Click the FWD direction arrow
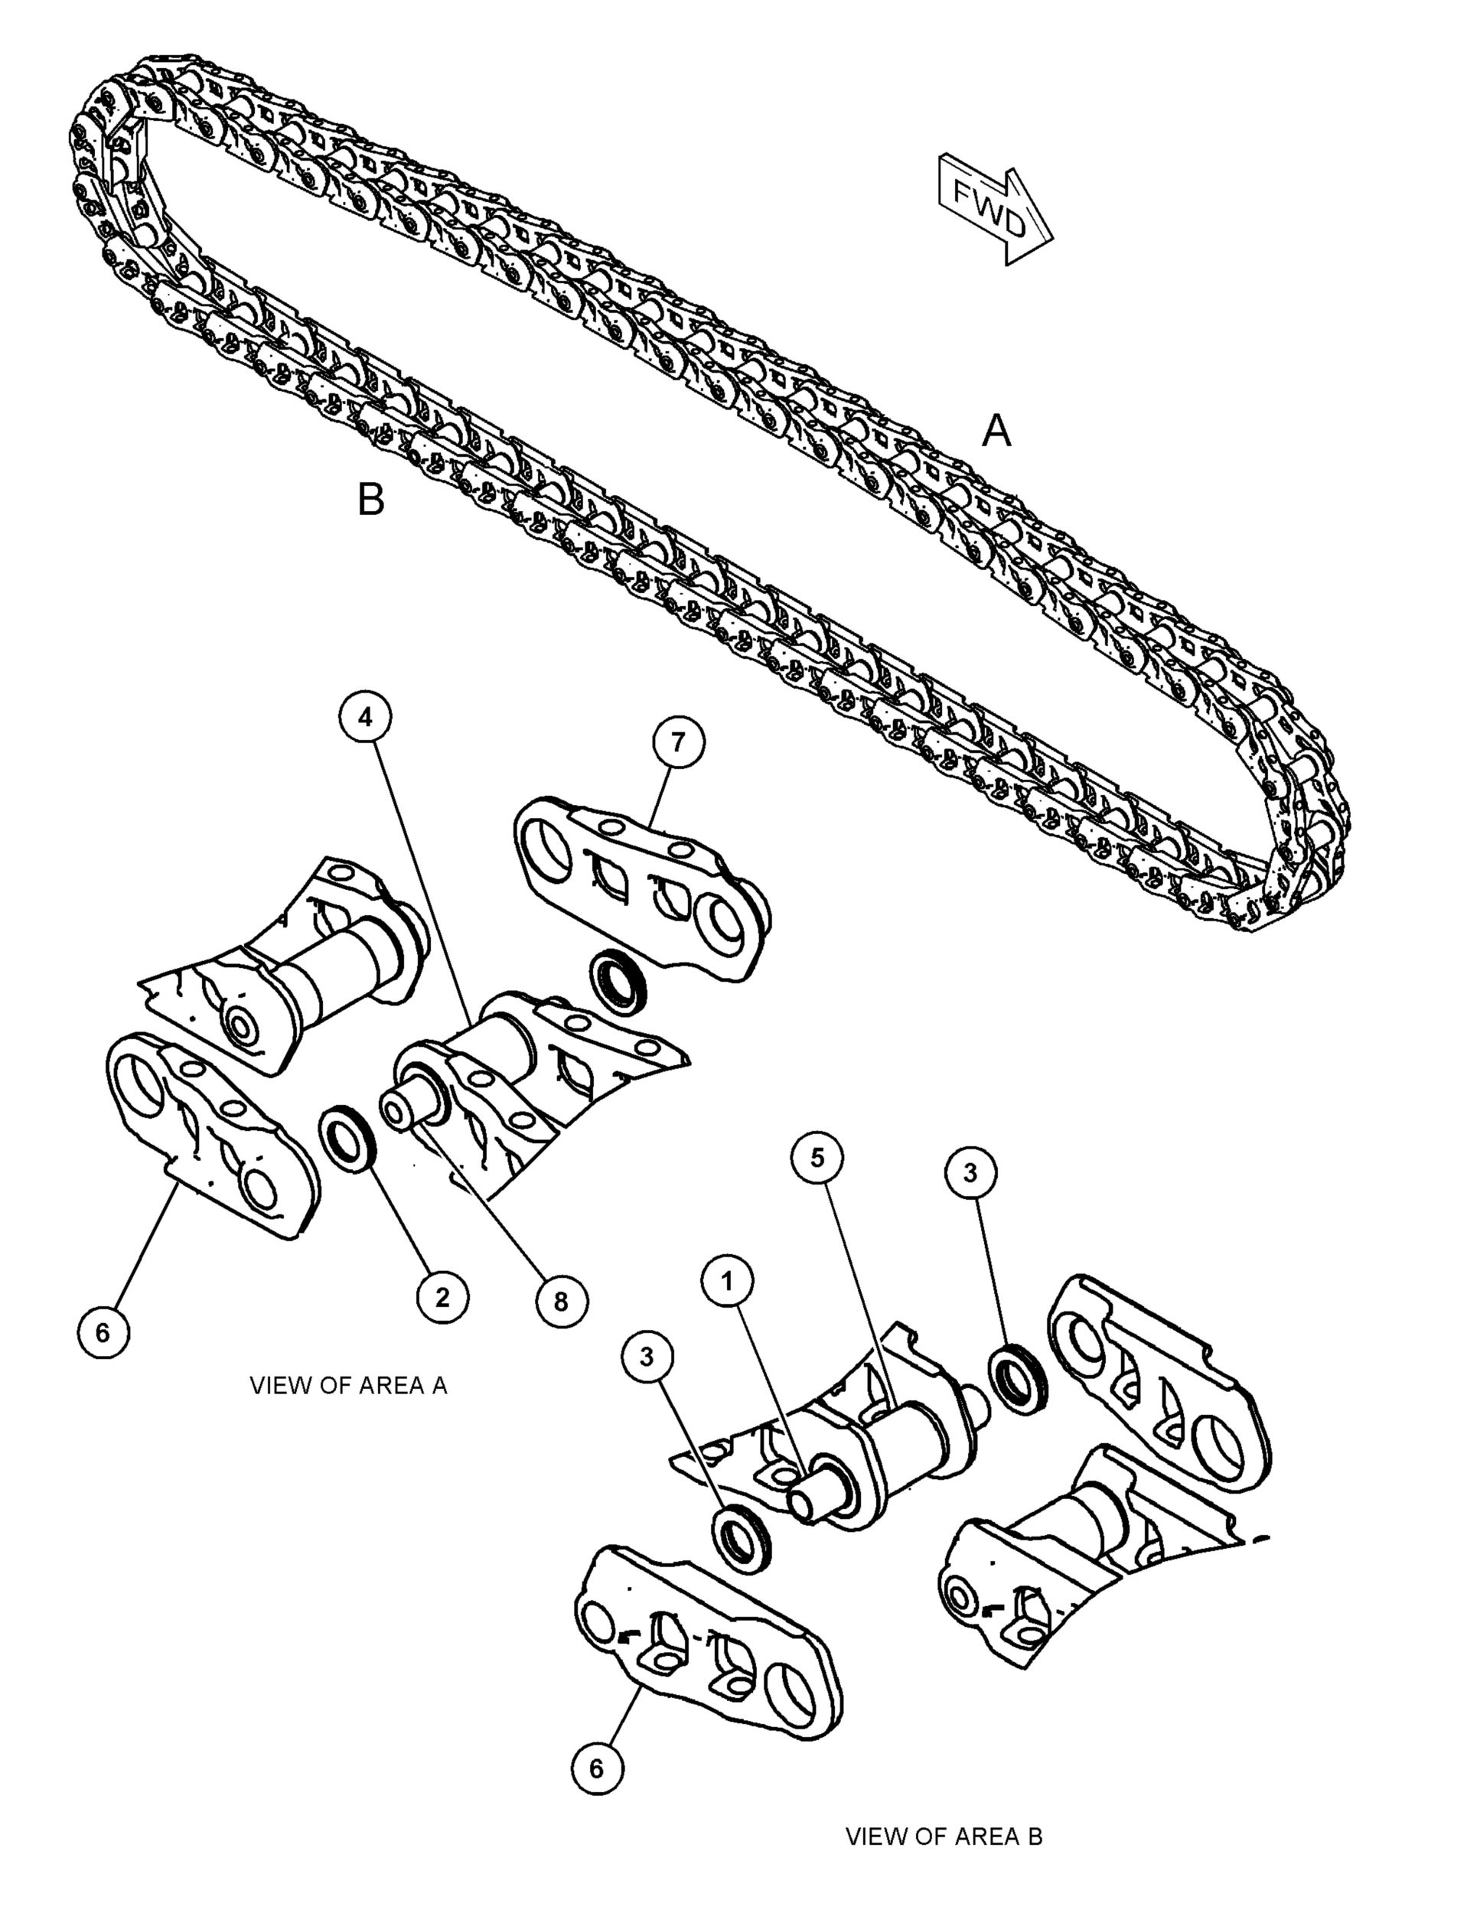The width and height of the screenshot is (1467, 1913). coord(996,209)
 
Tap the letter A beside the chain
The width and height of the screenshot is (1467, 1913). coord(996,432)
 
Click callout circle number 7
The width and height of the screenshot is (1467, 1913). coord(679,742)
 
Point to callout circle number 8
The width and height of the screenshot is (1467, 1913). coord(561,1302)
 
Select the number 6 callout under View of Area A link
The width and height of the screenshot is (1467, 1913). coord(103,1332)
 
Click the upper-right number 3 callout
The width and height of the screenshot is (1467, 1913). coord(970,1174)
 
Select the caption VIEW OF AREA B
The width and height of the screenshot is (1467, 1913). coord(944,1836)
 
